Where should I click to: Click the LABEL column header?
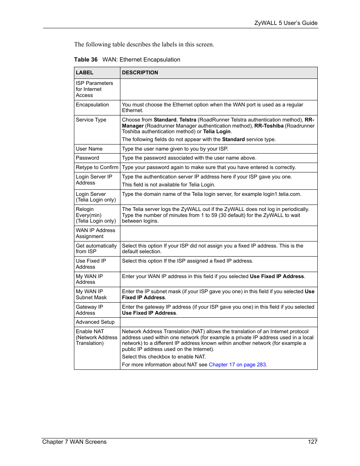(85, 73)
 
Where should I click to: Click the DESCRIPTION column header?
(140, 73)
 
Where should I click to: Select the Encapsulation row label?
(92, 105)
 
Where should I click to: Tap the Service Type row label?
(91, 120)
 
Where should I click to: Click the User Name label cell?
(89, 149)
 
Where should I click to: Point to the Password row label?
(88, 158)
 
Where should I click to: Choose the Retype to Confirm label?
(97, 168)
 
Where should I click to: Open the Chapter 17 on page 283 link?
(237, 365)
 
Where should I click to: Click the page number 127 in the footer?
(312, 442)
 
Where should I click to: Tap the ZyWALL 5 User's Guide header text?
(286, 23)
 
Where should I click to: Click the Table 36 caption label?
(86, 60)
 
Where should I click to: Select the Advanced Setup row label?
(95, 322)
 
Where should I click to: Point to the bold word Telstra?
(188, 120)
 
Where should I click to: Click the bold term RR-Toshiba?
(269, 126)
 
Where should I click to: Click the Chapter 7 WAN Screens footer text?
(74, 442)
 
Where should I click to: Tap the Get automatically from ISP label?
(96, 249)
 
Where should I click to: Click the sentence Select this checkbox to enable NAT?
(164, 357)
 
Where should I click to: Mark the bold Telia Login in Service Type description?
(217, 132)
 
